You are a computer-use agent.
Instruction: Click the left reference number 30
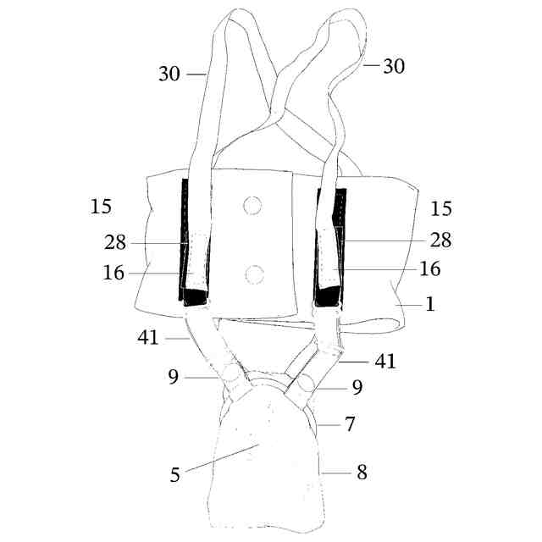click(169, 74)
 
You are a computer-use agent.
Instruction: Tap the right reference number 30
click(393, 66)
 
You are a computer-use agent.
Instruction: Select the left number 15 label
click(100, 206)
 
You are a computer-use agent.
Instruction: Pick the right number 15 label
click(440, 208)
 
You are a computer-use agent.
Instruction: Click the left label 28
click(116, 244)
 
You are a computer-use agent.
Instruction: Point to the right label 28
click(440, 241)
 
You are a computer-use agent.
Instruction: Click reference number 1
click(430, 304)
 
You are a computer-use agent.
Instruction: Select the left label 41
click(149, 338)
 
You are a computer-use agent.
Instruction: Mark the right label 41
click(385, 362)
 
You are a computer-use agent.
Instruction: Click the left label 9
click(173, 377)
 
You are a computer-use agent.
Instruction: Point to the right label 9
click(357, 389)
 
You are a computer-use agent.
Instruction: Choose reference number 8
click(362, 473)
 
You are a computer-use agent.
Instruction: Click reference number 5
click(175, 475)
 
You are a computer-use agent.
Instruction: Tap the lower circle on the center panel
click(253, 274)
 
